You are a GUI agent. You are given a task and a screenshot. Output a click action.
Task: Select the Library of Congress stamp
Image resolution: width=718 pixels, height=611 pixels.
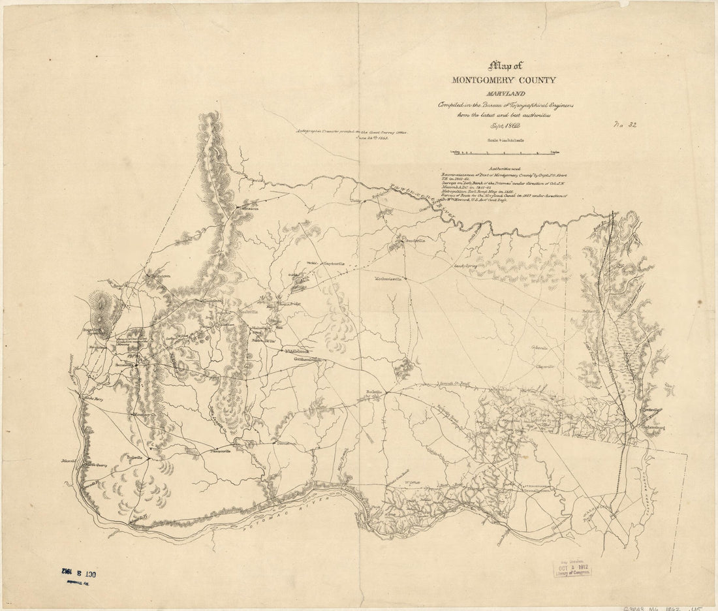575,568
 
